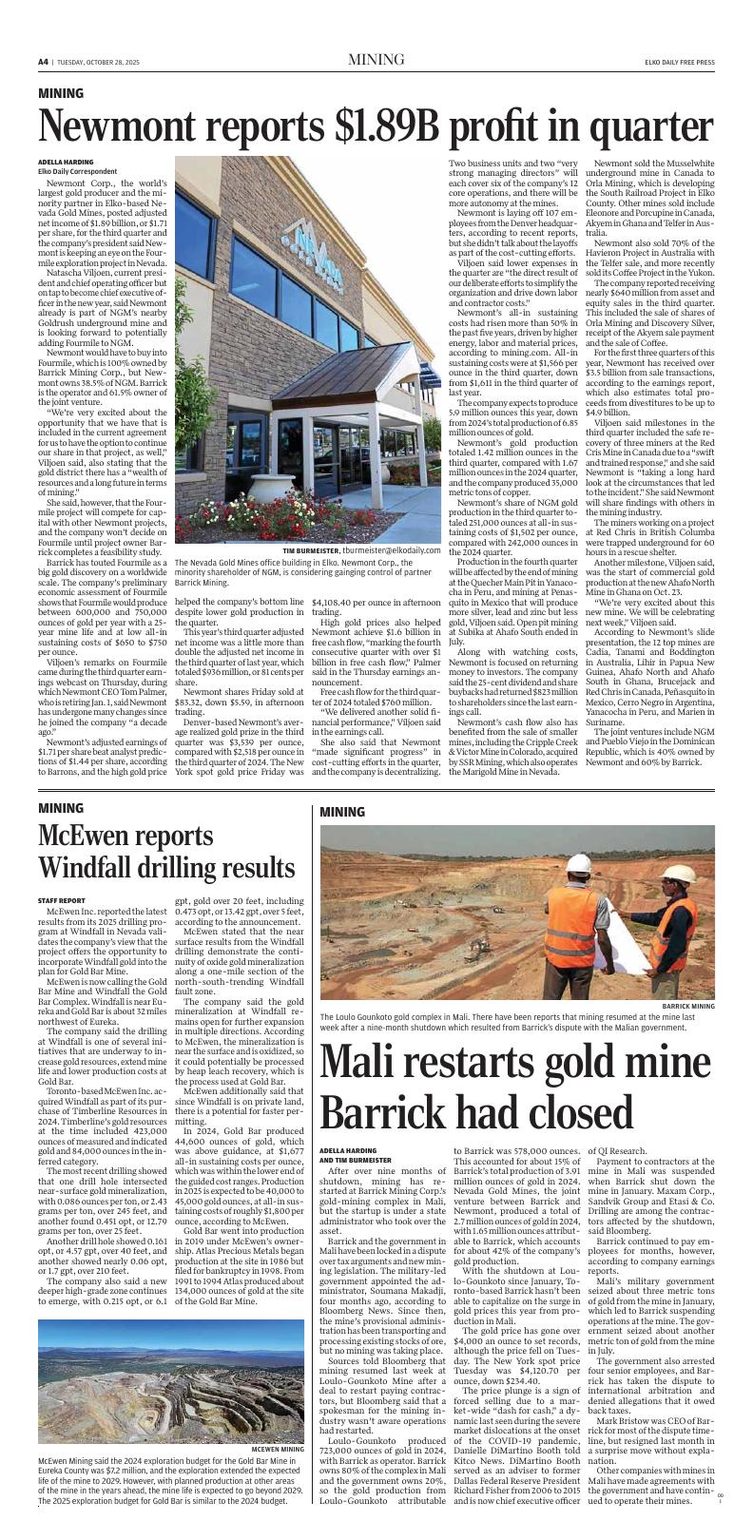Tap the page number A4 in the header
click(x=43, y=62)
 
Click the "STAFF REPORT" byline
click(x=62, y=899)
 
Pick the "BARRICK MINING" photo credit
click(x=687, y=1005)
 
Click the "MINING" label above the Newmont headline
click(x=61, y=93)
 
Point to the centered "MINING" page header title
click(x=376, y=60)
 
